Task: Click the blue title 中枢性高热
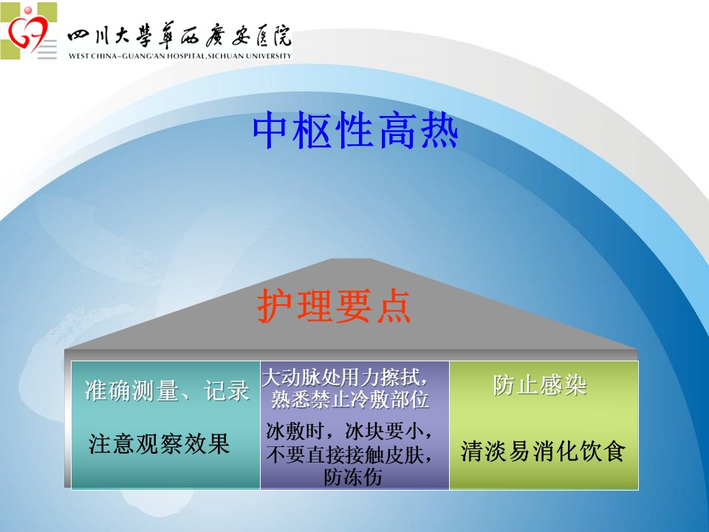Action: [355, 131]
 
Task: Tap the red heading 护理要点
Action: [334, 306]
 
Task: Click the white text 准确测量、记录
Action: [167, 390]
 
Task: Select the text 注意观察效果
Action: [160, 443]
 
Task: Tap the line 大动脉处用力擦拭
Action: [345, 378]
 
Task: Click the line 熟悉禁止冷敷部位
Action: [350, 400]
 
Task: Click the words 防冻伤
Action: [353, 477]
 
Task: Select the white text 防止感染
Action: [540, 385]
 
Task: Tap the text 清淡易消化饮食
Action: [543, 451]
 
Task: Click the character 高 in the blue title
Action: [397, 131]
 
